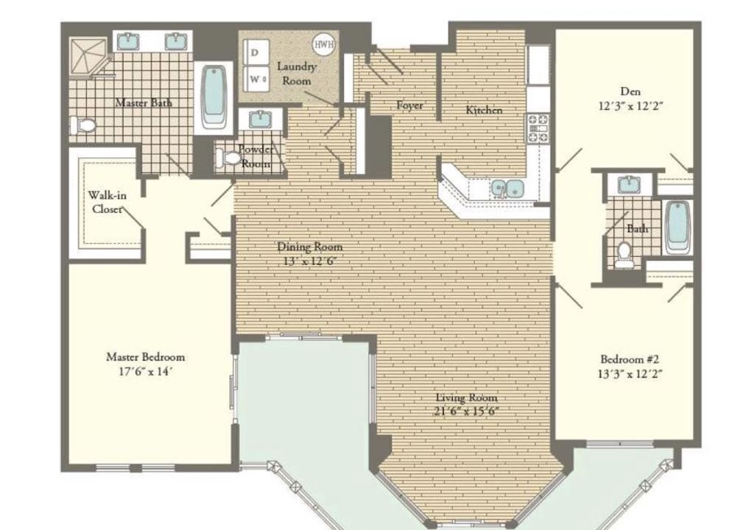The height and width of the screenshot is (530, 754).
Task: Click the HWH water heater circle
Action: pyautogui.click(x=324, y=44)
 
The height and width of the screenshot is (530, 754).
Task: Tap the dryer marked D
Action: pyautogui.click(x=254, y=52)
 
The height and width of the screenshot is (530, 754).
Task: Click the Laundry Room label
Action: pyautogui.click(x=297, y=74)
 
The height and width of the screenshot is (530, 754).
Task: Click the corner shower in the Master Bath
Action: pyautogui.click(x=88, y=57)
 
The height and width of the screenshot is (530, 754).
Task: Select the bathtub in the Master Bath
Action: pyautogui.click(x=214, y=96)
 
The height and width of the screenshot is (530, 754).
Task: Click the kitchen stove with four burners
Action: pyautogui.click(x=538, y=128)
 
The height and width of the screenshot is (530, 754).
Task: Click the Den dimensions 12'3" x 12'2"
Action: pyautogui.click(x=630, y=106)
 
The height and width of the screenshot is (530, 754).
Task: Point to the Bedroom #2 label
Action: pyautogui.click(x=630, y=358)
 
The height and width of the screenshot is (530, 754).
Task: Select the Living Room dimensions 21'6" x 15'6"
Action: pyautogui.click(x=466, y=411)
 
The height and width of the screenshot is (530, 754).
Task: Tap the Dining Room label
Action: pyautogui.click(x=310, y=247)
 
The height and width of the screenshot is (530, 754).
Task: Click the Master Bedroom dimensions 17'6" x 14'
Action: pyautogui.click(x=145, y=371)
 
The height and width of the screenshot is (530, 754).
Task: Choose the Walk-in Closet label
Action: pyautogui.click(x=108, y=202)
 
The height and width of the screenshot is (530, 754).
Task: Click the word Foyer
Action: pyautogui.click(x=409, y=105)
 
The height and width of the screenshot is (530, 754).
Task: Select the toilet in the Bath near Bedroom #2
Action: pyautogui.click(x=624, y=255)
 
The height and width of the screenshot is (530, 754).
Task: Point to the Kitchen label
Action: pyautogui.click(x=484, y=110)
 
